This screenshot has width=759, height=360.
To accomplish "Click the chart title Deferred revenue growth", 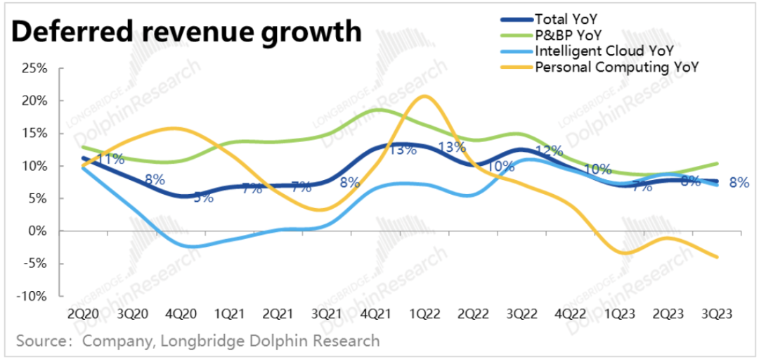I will tap(186, 32).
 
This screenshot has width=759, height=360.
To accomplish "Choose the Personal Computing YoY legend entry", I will tap(618, 67).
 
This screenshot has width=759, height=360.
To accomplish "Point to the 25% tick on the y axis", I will tap(34, 68).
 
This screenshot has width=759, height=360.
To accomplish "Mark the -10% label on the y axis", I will tap(32, 296).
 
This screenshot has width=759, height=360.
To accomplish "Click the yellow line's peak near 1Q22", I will tap(423, 96).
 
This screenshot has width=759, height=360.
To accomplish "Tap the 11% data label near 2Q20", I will tap(110, 159).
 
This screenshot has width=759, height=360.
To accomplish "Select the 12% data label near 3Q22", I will tap(549, 151).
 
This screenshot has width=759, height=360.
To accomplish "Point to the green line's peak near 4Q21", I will tap(377, 109).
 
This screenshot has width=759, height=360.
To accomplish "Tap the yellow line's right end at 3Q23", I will tap(717, 257).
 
